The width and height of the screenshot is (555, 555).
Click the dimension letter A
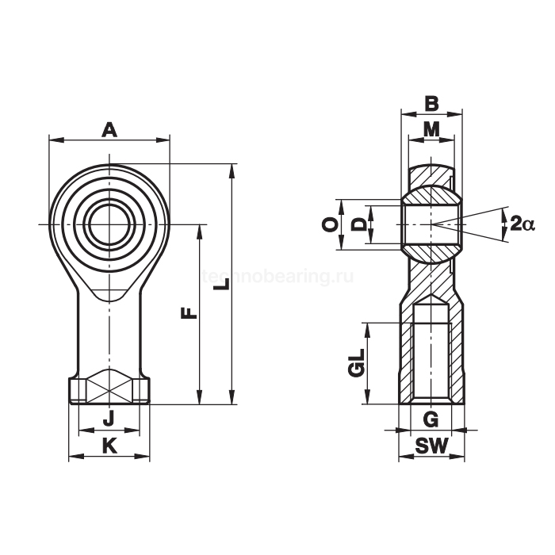[x=109, y=130]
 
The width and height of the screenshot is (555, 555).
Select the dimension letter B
[x=431, y=104]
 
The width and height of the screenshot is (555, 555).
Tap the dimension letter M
[x=431, y=129]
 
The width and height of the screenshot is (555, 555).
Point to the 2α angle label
[x=522, y=224]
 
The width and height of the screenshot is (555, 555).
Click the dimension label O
[x=330, y=224]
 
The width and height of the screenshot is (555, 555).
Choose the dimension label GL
[x=357, y=362]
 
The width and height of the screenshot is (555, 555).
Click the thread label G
[x=431, y=419]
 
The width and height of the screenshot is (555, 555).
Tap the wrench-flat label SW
[x=431, y=446]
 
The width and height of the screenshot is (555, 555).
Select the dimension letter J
[x=109, y=419]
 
